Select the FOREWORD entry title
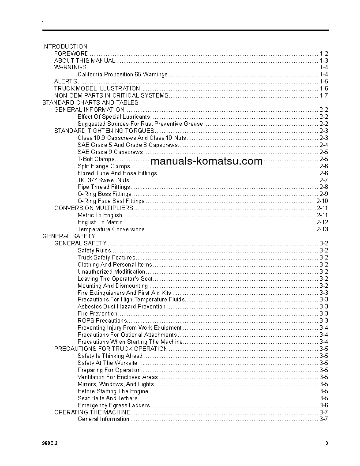click(x=71, y=53)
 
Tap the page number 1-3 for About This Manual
click(x=323, y=60)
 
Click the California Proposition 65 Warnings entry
click(x=122, y=75)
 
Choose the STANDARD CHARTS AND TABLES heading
click(x=90, y=102)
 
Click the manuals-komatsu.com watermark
click(x=206, y=161)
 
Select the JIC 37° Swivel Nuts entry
click(x=103, y=180)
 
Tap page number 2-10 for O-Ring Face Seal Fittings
click(x=322, y=201)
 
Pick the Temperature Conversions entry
click(x=111, y=229)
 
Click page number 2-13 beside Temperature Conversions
click(x=322, y=229)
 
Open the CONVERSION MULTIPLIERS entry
click(x=94, y=208)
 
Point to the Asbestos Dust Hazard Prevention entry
click(x=121, y=307)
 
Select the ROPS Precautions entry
click(x=102, y=321)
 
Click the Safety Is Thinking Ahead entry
click(x=110, y=356)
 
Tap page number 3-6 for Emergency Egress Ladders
click(x=323, y=405)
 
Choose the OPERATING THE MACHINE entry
click(x=92, y=412)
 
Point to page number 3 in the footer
click(x=326, y=443)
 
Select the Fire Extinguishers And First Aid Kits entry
click(x=124, y=293)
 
